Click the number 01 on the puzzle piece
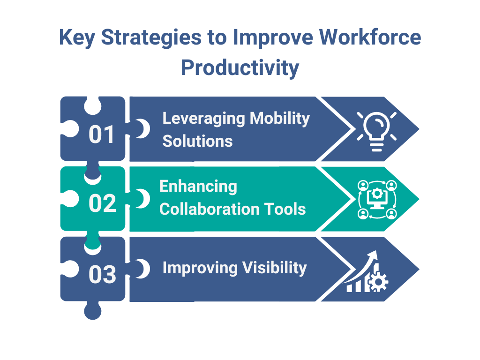[x=102, y=135]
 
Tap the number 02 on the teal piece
[x=102, y=204]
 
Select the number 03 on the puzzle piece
[x=102, y=275]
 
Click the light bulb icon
[x=376, y=130]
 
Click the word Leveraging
[x=203, y=119]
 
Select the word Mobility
[x=280, y=119]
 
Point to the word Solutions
[x=197, y=141]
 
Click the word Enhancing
[x=198, y=187]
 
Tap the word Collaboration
[x=212, y=209]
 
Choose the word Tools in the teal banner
[x=287, y=209]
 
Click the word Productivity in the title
[x=240, y=67]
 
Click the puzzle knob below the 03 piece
[x=92, y=310]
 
